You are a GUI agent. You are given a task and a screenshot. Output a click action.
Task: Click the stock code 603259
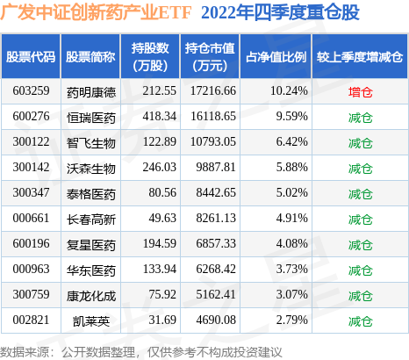pos(31,90)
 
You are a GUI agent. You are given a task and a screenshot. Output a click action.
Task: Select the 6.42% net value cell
pos(283,141)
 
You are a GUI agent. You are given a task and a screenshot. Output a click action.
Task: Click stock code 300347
pos(31,192)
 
